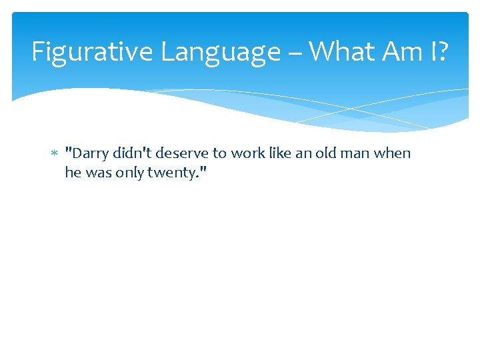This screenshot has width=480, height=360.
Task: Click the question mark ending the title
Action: tap(443, 52)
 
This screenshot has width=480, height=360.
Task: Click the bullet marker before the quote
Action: tap(55, 154)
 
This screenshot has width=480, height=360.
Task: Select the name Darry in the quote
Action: tap(89, 153)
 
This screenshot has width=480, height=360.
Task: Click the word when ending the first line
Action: tap(393, 153)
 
